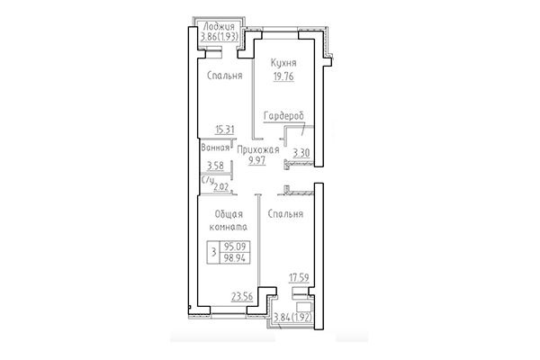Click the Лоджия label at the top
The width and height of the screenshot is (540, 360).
221,27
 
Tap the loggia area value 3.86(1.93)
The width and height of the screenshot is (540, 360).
220,39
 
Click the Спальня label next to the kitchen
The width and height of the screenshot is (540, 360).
223,76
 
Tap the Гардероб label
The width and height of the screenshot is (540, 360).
283,117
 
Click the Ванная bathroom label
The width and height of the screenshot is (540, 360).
215,145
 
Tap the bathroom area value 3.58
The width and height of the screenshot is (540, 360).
215,166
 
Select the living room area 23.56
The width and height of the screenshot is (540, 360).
242,294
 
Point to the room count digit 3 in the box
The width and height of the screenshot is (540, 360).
212,251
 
